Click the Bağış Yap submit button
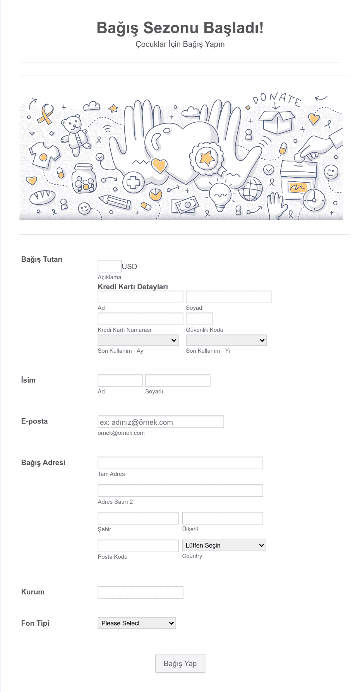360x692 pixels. pyautogui.click(x=180, y=663)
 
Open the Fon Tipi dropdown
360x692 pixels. pyautogui.click(x=137, y=623)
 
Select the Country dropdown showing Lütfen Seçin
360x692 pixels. pyautogui.click(x=224, y=545)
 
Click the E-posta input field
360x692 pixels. pyautogui.click(x=161, y=422)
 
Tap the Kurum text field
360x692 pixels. pyautogui.click(x=140, y=592)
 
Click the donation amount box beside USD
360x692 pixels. pyautogui.click(x=110, y=266)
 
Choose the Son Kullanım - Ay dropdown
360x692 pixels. pyautogui.click(x=138, y=340)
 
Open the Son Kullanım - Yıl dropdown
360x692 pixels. pyautogui.click(x=226, y=340)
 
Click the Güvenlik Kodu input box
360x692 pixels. pyautogui.click(x=199, y=319)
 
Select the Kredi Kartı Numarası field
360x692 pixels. pyautogui.click(x=140, y=319)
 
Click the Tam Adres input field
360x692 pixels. pyautogui.click(x=180, y=463)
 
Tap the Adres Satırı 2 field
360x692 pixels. pyautogui.click(x=180, y=491)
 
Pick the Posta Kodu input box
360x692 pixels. pyautogui.click(x=138, y=546)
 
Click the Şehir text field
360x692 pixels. pyautogui.click(x=138, y=518)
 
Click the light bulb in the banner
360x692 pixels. pyautogui.click(x=220, y=196)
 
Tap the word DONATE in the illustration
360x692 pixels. pyautogui.click(x=277, y=99)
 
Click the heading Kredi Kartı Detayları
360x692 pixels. pyautogui.click(x=133, y=287)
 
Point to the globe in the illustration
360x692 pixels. pyautogui.click(x=250, y=189)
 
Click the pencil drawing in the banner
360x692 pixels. pyautogui.click(x=115, y=201)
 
